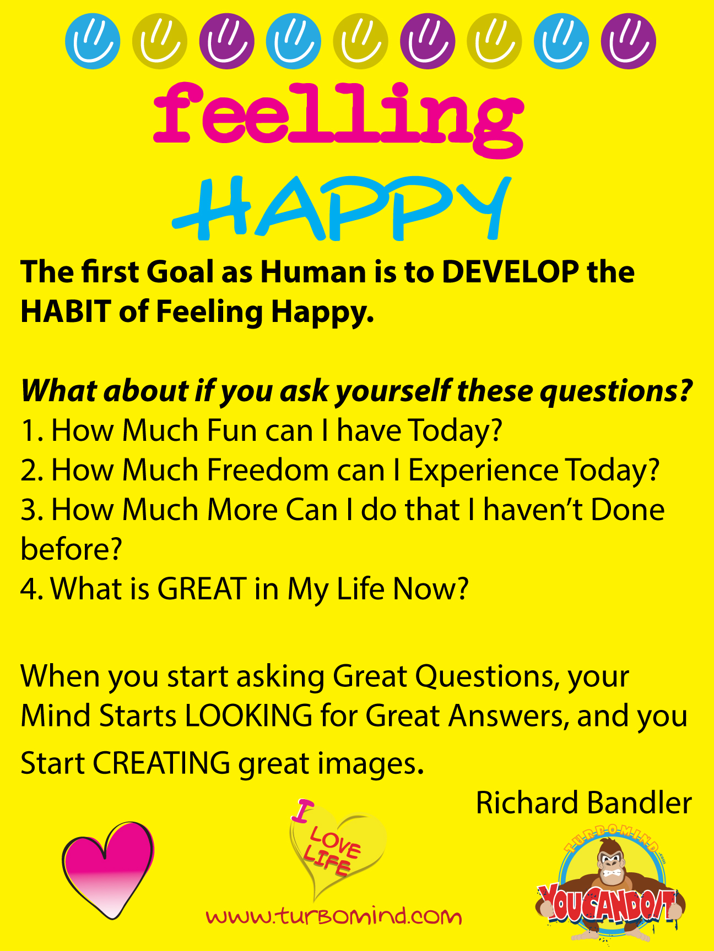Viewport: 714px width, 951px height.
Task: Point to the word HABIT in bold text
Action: click(66, 311)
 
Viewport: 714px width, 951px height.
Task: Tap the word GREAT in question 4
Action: click(202, 589)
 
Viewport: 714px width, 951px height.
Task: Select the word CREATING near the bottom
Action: click(161, 763)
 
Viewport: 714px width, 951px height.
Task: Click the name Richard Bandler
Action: click(583, 803)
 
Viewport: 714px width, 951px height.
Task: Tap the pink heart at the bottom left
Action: click(108, 870)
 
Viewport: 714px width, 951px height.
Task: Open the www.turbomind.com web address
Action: click(334, 916)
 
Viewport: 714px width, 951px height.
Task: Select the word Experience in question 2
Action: click(483, 471)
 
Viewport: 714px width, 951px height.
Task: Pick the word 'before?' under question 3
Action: click(71, 549)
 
